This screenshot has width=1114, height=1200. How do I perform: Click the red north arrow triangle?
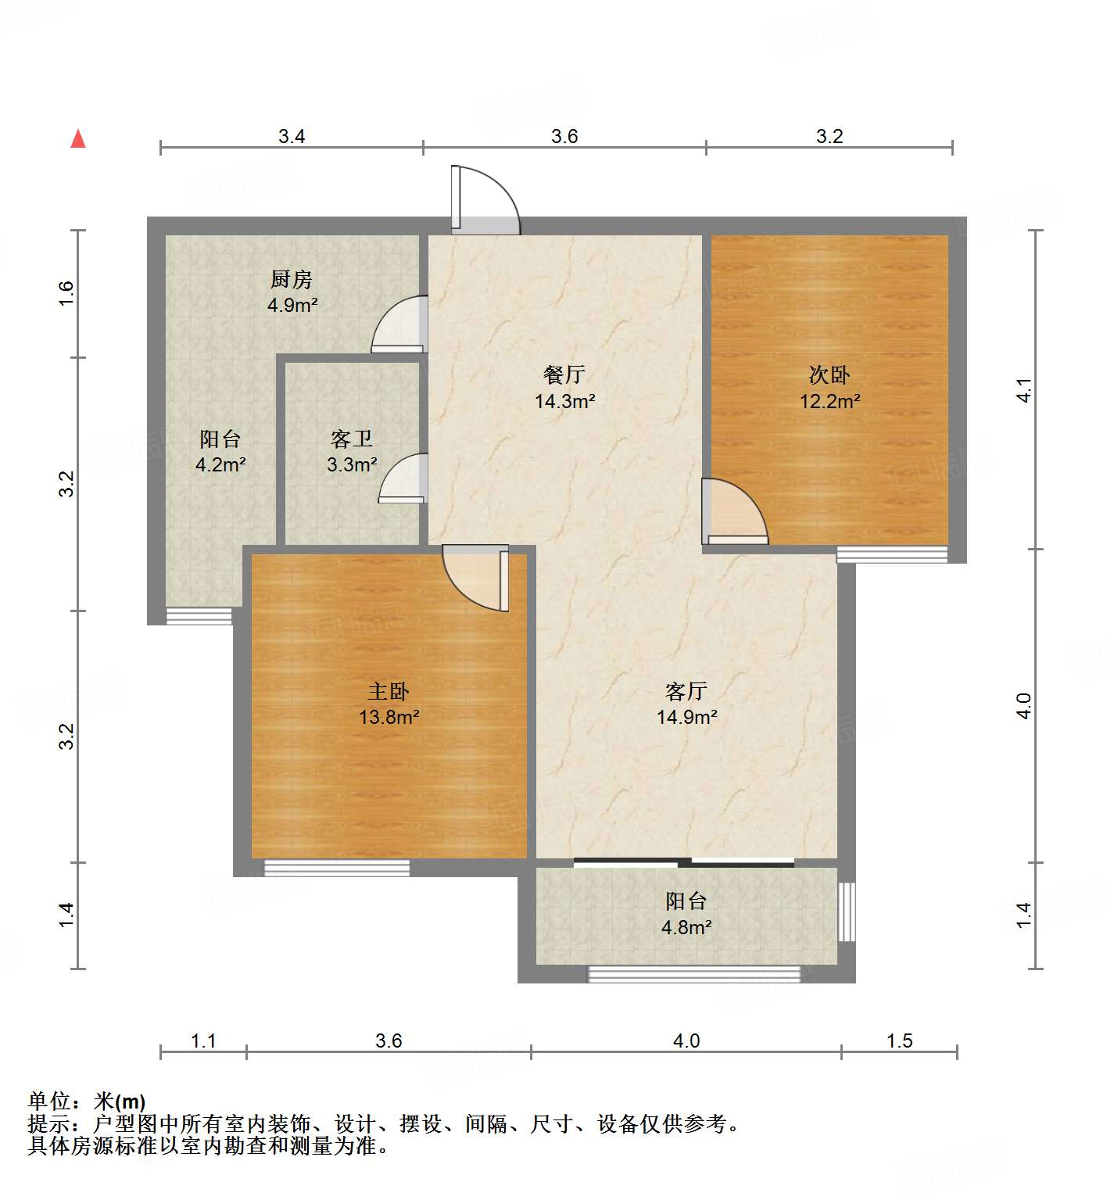78,139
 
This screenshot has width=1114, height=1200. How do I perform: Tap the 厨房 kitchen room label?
292,279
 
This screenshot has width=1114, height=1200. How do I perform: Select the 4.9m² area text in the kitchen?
292,305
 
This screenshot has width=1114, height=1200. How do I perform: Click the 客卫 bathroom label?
351,439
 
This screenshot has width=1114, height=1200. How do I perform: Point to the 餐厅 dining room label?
564,375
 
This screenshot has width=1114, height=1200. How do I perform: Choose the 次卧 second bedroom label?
829,375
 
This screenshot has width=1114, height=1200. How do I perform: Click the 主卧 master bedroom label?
389,691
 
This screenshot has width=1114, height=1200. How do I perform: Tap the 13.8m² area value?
389,717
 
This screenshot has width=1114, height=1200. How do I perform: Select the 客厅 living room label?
686,691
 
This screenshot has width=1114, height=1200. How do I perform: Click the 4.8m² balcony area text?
686,927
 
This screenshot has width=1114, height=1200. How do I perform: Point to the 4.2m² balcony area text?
220,465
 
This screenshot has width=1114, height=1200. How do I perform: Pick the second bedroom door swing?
735,512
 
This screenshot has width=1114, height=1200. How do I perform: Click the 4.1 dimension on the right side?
1023,390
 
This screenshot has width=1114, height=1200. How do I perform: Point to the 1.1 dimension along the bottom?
203,1041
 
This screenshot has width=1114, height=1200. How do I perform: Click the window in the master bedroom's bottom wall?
337,867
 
